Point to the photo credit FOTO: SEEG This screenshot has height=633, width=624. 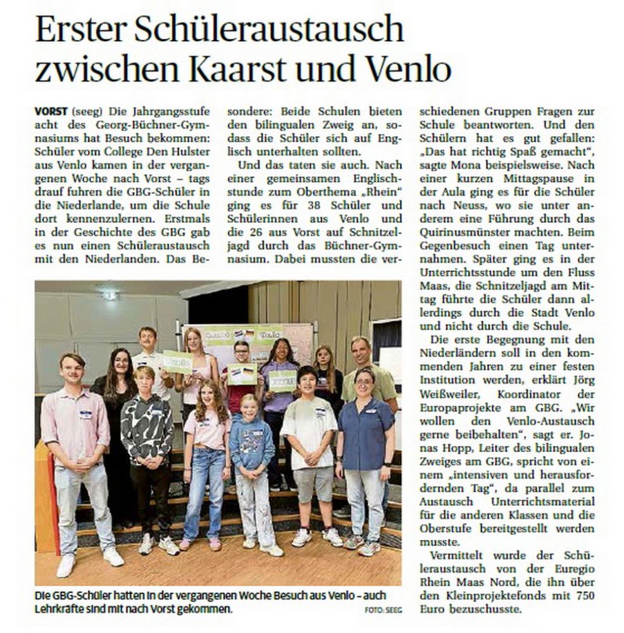tap(382, 610)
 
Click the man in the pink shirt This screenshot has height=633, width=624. tap(79, 449)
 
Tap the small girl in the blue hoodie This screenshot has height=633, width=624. tap(251, 462)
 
